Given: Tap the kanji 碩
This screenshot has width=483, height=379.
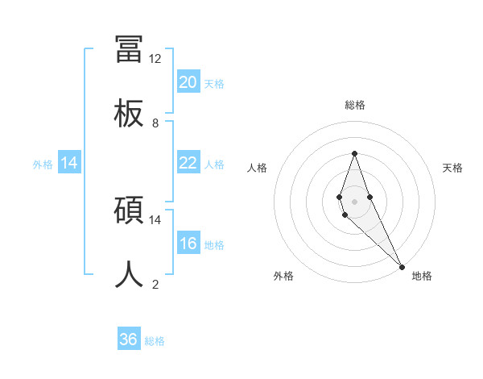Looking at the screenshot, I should pyautogui.click(x=129, y=210).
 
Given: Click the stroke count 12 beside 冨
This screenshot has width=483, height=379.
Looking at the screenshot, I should pyautogui.click(x=155, y=59).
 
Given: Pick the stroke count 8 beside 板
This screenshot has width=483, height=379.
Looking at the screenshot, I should pyautogui.click(x=155, y=123).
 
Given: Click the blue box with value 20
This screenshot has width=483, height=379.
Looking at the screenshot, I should pyautogui.click(x=188, y=82).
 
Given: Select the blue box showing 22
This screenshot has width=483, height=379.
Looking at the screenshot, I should pyautogui.click(x=188, y=163).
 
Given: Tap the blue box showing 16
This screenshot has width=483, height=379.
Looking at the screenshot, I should pyautogui.click(x=188, y=244).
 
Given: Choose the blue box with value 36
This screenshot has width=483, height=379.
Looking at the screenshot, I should pyautogui.click(x=129, y=340).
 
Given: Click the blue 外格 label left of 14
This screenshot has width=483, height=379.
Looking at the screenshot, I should pyautogui.click(x=43, y=164).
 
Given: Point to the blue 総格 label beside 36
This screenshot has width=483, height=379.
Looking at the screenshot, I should pyautogui.click(x=155, y=341).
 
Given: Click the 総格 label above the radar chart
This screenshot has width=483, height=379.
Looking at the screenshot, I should pyautogui.click(x=355, y=105).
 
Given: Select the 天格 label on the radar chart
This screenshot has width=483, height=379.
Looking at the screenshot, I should pyautogui.click(x=452, y=168).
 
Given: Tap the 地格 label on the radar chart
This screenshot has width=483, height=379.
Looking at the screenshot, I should pyautogui.click(x=422, y=276).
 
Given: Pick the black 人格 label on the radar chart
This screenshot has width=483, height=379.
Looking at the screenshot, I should pyautogui.click(x=258, y=168).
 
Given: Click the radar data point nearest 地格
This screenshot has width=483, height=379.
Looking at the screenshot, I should pyautogui.click(x=402, y=266).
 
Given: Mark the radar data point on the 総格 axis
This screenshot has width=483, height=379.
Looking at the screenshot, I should pyautogui.click(x=354, y=153).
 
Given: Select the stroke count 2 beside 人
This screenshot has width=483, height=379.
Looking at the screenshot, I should pyautogui.click(x=155, y=284).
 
